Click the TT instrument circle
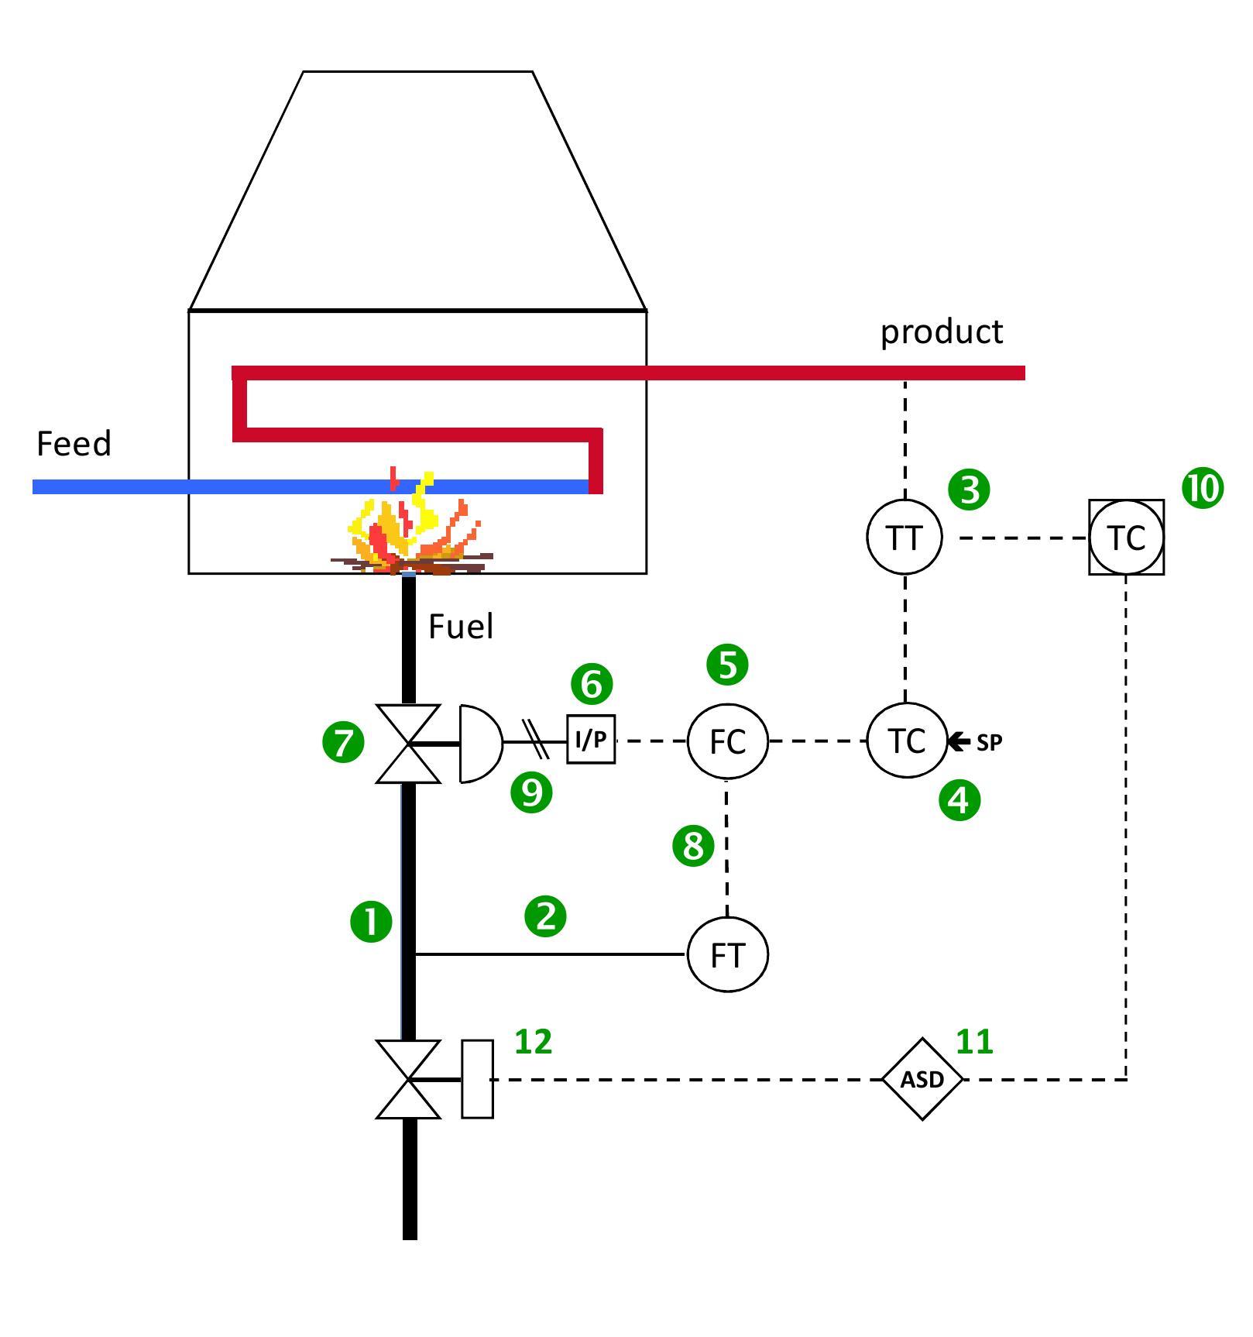[x=904, y=537]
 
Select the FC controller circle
[x=727, y=741]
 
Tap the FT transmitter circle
[x=727, y=954]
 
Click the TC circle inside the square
[x=1126, y=537]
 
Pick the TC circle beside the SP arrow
[x=906, y=741]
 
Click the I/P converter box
[x=591, y=740]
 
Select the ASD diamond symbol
[x=922, y=1079]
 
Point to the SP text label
[x=989, y=742]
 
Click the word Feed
[x=74, y=444]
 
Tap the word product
[x=941, y=332]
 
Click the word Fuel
[x=461, y=626]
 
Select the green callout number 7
[x=343, y=743]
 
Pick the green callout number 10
[x=1202, y=489]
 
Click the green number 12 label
[x=533, y=1042]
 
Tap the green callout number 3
[x=969, y=490]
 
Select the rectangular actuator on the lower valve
[x=477, y=1079]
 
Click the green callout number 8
[x=693, y=845]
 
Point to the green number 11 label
[x=974, y=1042]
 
